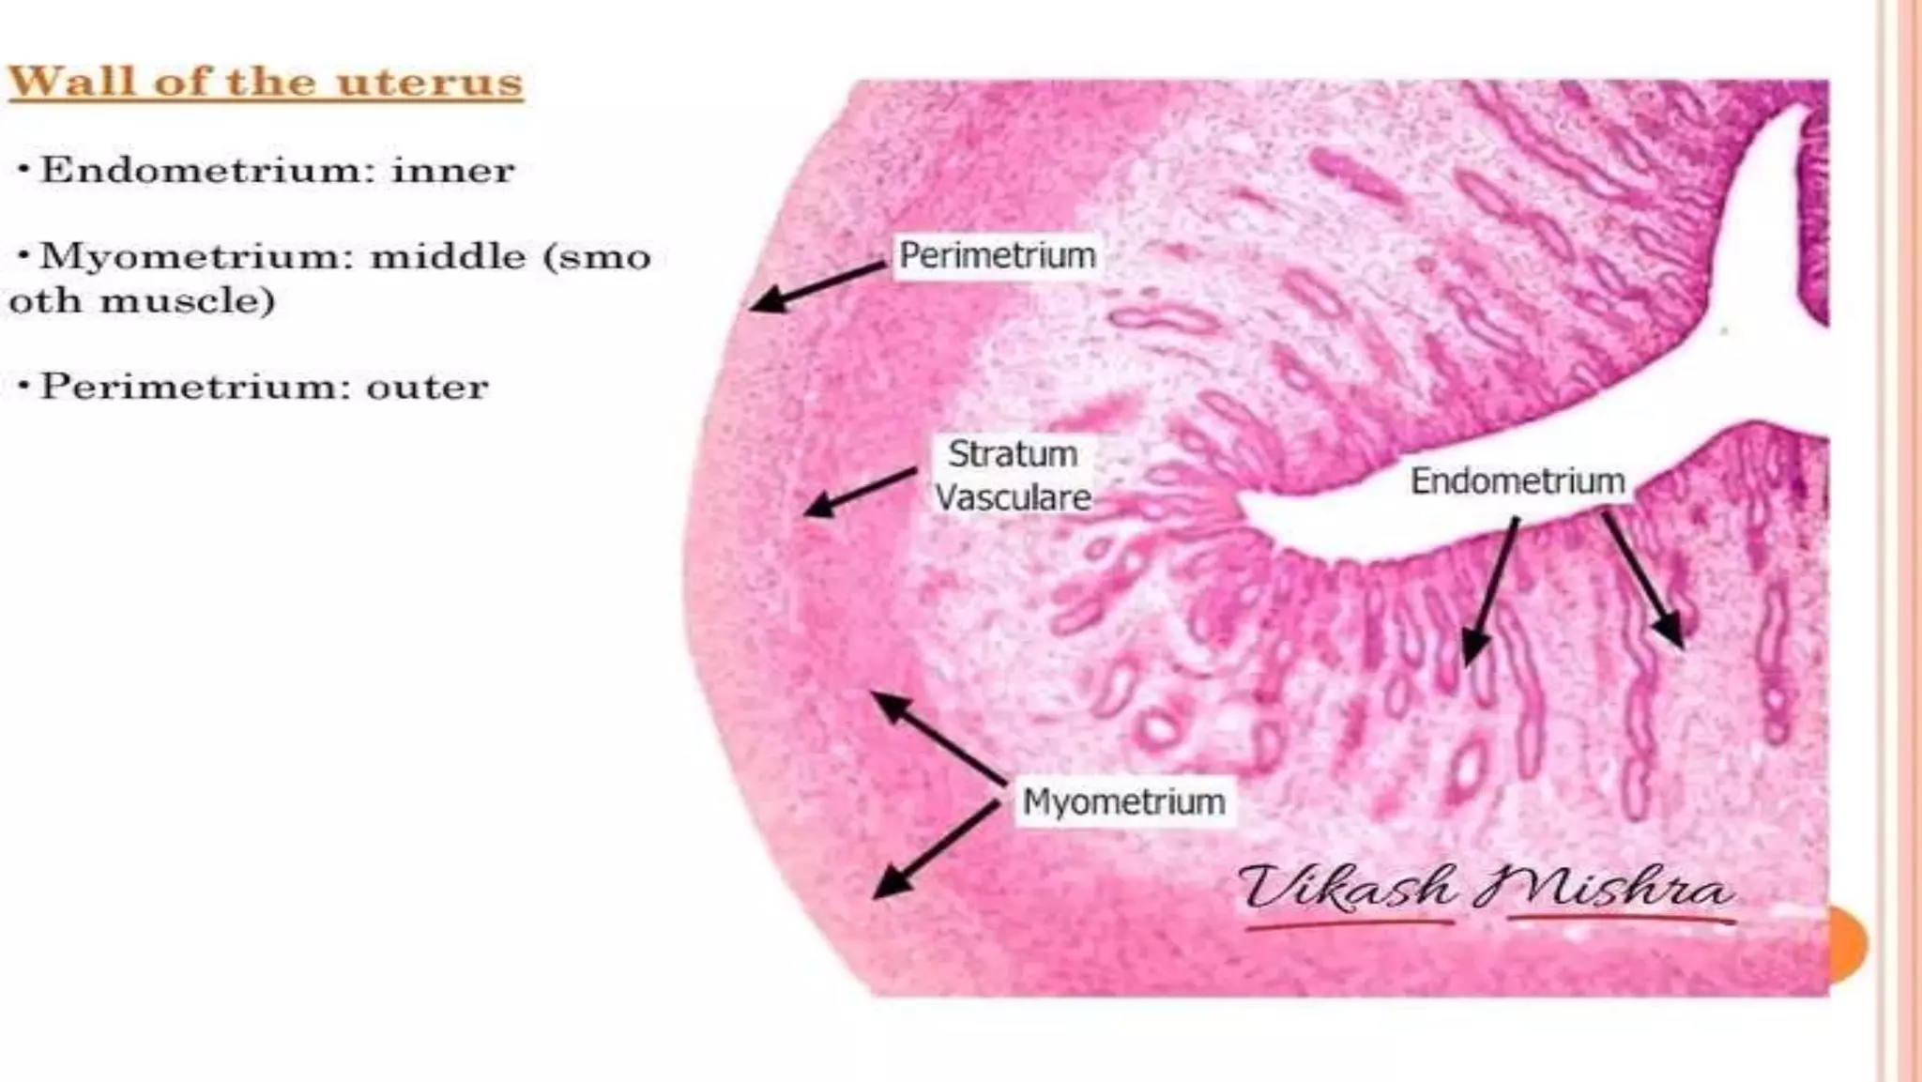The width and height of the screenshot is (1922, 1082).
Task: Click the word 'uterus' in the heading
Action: click(x=429, y=82)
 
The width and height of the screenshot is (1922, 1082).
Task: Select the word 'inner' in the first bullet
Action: click(x=453, y=170)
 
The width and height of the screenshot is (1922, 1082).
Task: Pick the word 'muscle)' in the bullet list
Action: click(x=187, y=300)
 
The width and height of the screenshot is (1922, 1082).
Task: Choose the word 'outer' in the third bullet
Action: click(x=427, y=387)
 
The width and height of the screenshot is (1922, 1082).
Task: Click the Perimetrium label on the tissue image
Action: click(x=998, y=255)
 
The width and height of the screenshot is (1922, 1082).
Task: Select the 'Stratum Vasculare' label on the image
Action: click(x=1013, y=476)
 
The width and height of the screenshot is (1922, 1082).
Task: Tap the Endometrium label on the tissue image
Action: click(x=1518, y=480)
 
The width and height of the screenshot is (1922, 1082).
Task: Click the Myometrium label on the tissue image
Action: click(x=1123, y=801)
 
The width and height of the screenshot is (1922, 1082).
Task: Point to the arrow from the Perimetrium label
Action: click(x=816, y=286)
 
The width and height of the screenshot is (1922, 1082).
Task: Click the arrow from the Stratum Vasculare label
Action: click(x=860, y=492)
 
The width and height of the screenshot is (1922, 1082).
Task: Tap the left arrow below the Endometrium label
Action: click(x=1491, y=591)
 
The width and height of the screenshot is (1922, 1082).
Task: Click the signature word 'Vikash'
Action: click(x=1346, y=888)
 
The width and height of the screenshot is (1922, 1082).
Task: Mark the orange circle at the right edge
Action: click(x=1848, y=943)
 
